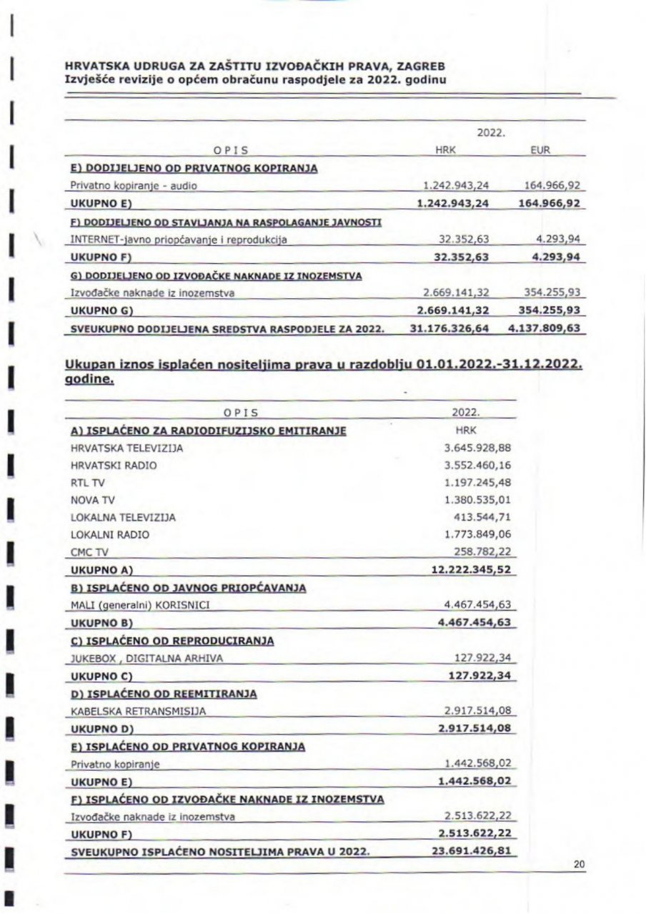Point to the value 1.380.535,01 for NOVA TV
point(479,500)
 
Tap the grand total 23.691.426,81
point(472,851)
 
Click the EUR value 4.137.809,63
point(547,329)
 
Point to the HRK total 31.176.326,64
point(448,329)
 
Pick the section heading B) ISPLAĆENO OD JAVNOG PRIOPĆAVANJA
point(189,588)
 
